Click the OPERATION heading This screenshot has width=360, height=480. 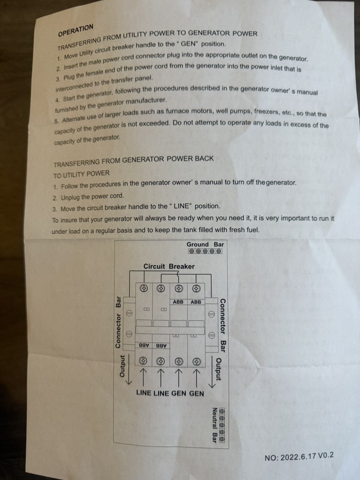coord(75,30)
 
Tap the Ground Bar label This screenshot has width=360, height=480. coord(205,244)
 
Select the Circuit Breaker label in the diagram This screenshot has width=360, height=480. coord(169,266)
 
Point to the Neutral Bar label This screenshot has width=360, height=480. coord(215,425)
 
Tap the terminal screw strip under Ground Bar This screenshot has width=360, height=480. coord(205,251)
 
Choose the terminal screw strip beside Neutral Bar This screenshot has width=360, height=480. coord(223,425)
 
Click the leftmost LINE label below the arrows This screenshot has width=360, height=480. coord(144,393)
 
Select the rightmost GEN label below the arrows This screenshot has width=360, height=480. coord(196,393)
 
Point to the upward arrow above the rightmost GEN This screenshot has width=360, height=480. coord(196,378)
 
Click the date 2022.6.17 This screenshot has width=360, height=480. coord(298,457)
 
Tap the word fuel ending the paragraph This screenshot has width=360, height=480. coord(252,229)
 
